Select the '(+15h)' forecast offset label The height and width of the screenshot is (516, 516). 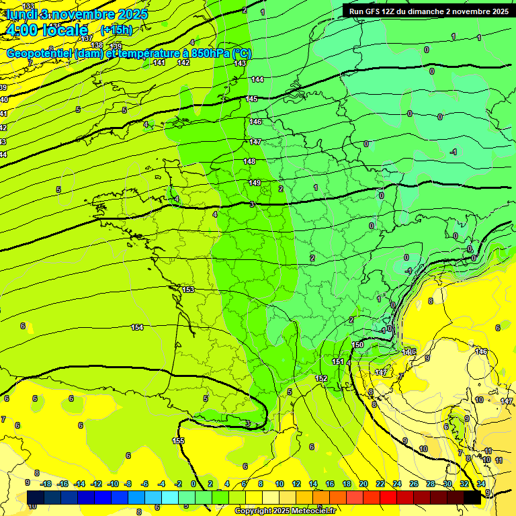click(116, 30)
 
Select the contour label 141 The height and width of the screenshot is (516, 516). click(159, 62)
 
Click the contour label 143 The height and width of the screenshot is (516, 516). click(240, 63)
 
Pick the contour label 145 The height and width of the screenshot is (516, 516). click(252, 99)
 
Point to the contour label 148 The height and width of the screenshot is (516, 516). click(249, 161)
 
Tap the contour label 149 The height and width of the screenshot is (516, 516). click(255, 183)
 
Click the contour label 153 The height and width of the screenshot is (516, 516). click(188, 290)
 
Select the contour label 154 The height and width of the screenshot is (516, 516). click(137, 327)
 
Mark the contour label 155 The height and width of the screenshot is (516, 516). click(178, 441)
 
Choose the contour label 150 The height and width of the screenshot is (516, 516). click(358, 345)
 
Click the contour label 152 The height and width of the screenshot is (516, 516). click(321, 379)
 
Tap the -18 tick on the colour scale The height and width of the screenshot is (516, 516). click(46, 484)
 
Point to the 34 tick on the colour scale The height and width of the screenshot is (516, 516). click(481, 484)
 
